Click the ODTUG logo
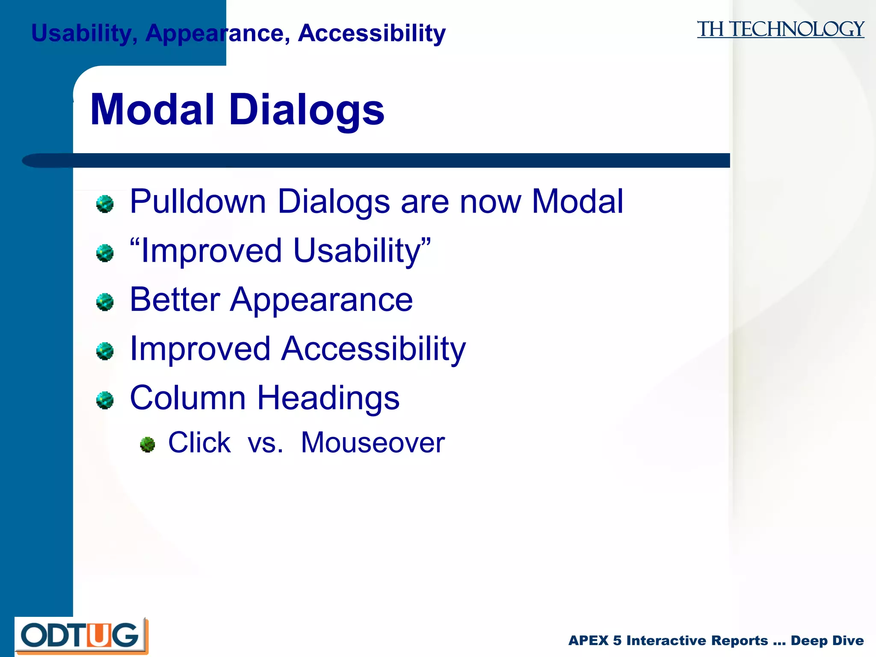coord(81,636)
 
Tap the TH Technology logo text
coord(780,30)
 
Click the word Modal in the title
coord(152,110)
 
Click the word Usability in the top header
coord(81,33)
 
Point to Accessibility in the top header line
coord(371,33)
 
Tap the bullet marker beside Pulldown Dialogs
coord(105,204)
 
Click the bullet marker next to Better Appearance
coord(105,302)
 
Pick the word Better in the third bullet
coord(175,299)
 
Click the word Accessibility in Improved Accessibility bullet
coord(373,349)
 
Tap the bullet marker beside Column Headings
coord(105,400)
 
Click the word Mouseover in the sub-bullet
coord(373,443)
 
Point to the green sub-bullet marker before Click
coord(148,445)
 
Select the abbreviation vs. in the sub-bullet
coord(265,443)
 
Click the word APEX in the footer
coord(588,641)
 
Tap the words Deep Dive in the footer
coord(827,641)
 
